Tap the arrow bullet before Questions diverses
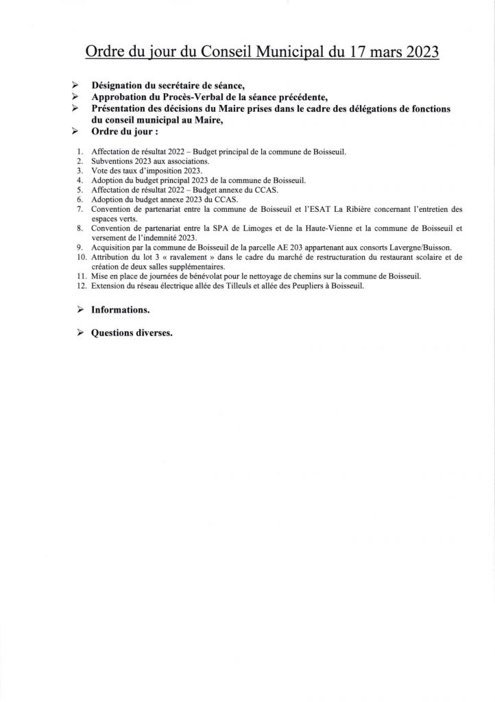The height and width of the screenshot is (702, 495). [x=77, y=333]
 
